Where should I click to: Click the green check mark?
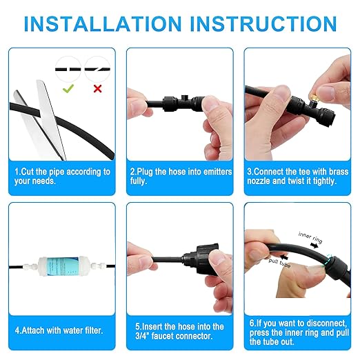pyautogui.click(x=68, y=88)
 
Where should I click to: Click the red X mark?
pyautogui.click(x=98, y=88)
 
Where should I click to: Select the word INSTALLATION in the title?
pyautogui.click(x=103, y=23)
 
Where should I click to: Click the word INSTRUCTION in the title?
pyautogui.click(x=263, y=23)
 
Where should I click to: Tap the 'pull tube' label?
pyautogui.click(x=279, y=263)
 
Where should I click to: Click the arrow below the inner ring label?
pyautogui.click(x=314, y=246)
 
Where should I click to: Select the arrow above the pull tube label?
pyautogui.click(x=283, y=257)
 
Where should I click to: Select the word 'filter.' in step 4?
pyautogui.click(x=93, y=330)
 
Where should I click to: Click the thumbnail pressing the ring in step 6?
pyautogui.click(x=318, y=266)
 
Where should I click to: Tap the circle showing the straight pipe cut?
pyautogui.click(x=68, y=69)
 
